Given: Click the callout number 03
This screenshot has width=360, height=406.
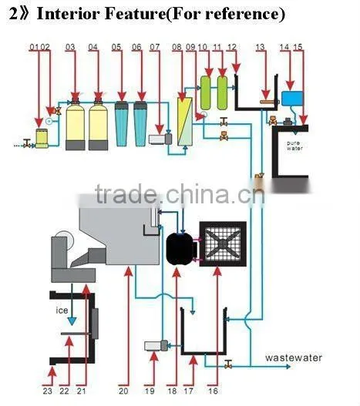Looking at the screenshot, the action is [x=70, y=47].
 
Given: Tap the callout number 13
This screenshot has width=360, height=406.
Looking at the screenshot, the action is [x=260, y=47].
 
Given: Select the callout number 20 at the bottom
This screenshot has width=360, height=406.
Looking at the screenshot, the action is [x=123, y=391].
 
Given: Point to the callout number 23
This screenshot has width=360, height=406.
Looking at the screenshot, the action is [x=48, y=391].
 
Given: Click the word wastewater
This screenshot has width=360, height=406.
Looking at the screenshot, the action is [x=294, y=357].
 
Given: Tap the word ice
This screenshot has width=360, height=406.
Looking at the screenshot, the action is [x=62, y=310].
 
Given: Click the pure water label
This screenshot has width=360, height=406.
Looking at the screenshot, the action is [x=294, y=146].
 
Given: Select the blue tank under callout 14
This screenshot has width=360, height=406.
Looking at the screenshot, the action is [x=292, y=99].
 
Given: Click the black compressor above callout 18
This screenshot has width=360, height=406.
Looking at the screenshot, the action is [x=180, y=248].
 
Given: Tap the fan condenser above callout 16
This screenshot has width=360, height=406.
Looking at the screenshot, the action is [x=223, y=244].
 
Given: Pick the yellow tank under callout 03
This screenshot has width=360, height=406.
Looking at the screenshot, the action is [x=76, y=124].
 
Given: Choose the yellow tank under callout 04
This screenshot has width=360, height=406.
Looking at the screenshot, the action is [x=98, y=124].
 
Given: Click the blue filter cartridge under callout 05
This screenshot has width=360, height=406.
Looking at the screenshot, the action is [x=122, y=124].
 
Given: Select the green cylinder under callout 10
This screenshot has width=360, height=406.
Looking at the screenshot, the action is [x=206, y=92].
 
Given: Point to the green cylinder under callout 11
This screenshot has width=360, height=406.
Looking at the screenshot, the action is [x=222, y=92].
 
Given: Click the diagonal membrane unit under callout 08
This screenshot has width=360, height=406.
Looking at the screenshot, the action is [x=185, y=122].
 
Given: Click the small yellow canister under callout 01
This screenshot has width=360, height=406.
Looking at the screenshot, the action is [x=42, y=138].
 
